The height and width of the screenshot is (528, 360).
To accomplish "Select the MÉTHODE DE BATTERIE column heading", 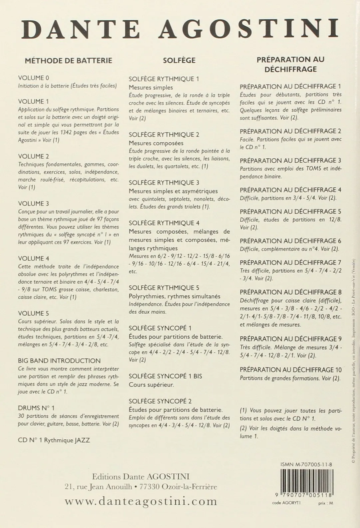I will pos(69,61).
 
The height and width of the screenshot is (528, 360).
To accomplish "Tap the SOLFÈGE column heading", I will pos(179,61).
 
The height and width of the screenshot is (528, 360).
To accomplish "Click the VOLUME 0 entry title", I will pos(34,78).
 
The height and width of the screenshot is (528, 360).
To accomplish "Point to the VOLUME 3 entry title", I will pos(34,204).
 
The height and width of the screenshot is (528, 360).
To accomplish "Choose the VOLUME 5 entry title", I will pos(34,313).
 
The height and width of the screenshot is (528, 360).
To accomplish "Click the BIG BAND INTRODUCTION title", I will pos(59,361).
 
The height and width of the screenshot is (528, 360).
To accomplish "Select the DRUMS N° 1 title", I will pos(37,408).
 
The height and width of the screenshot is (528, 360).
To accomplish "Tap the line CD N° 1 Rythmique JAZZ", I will pos(54,440).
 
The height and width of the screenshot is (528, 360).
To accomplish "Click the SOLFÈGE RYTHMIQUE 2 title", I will pos(164,135).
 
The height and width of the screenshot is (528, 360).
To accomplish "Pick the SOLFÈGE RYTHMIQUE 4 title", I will pos(164,223).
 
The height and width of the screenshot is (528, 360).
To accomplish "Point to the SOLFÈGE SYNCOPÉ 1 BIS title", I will pos(166,376).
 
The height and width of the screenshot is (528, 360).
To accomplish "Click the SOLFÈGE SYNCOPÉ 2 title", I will pos(160,401).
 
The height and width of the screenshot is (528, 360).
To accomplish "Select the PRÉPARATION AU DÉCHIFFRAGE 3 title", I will pos(290,161).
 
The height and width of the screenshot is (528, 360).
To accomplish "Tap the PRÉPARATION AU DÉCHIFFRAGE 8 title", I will pos(290,292).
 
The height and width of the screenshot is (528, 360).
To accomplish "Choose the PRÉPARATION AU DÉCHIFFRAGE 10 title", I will pos(291,370).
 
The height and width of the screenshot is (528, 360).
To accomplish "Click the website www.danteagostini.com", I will pos(141,501).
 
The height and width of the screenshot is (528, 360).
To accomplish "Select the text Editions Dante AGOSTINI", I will pos(141,476).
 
